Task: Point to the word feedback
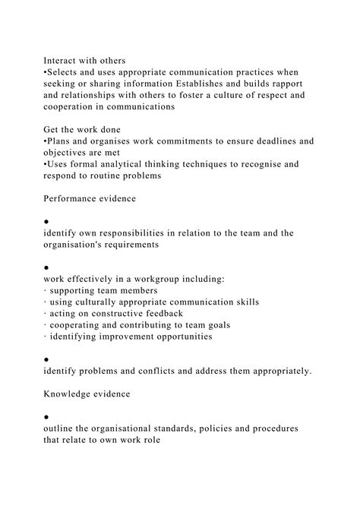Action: (187, 313)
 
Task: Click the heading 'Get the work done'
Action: (89, 129)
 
